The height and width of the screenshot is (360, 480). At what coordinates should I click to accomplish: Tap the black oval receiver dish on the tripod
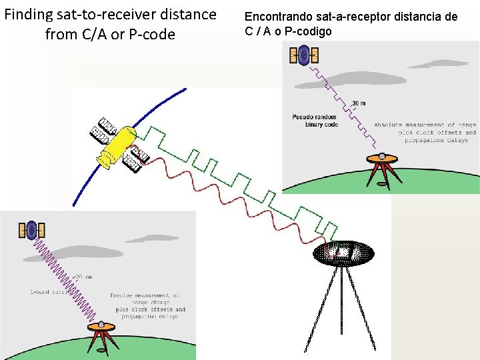[x=343, y=253]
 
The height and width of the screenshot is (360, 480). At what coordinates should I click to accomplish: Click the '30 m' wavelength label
[x=359, y=103]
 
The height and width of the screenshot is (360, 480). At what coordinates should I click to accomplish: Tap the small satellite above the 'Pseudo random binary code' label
[x=304, y=55]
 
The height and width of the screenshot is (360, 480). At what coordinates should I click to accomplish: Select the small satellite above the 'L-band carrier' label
[x=31, y=231]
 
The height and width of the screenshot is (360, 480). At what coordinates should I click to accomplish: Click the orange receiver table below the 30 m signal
[x=383, y=159]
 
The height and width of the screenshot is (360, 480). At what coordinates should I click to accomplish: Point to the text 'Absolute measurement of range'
[x=423, y=125]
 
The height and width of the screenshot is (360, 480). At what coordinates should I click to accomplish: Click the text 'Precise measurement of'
[x=145, y=295]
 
